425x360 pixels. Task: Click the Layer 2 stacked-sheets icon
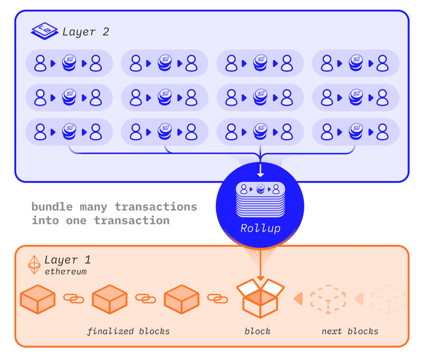pyautogui.click(x=45, y=31)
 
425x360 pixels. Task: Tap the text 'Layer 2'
pyautogui.click(x=86, y=32)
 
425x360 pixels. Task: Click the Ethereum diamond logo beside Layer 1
pyautogui.click(x=34, y=265)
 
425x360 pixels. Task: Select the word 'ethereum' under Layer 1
pyautogui.click(x=66, y=272)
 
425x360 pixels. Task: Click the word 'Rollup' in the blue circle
pyautogui.click(x=260, y=229)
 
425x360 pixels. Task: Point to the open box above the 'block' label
pyautogui.click(x=260, y=298)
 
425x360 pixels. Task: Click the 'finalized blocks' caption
pyautogui.click(x=129, y=331)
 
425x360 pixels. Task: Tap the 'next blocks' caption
pyautogui.click(x=350, y=331)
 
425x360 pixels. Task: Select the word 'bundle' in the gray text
pyautogui.click(x=52, y=207)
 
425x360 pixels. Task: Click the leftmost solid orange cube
pyautogui.click(x=38, y=299)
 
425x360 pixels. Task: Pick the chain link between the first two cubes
pyautogui.click(x=73, y=299)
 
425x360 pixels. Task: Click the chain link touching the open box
pyautogui.click(x=217, y=299)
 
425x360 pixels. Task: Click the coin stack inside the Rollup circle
pyautogui.click(x=261, y=189)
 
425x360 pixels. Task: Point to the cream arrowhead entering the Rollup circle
pyautogui.click(x=260, y=175)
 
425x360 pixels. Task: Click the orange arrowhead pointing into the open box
pyautogui.click(x=260, y=278)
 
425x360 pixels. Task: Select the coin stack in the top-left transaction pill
pyautogui.click(x=69, y=63)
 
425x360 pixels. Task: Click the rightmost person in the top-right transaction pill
pyautogui.click(x=382, y=63)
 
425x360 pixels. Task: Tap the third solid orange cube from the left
pyautogui.click(x=182, y=299)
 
